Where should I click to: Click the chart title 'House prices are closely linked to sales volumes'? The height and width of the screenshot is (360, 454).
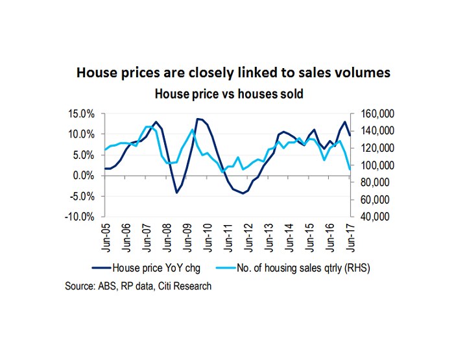click(233, 73)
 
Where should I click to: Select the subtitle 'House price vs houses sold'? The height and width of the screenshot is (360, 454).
click(228, 93)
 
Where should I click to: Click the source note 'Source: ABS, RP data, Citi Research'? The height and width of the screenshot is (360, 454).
click(138, 285)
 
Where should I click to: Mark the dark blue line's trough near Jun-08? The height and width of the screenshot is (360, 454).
click(176, 192)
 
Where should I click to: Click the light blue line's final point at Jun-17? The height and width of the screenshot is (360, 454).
click(350, 169)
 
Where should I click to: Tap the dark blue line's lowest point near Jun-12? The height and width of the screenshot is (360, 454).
click(243, 193)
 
